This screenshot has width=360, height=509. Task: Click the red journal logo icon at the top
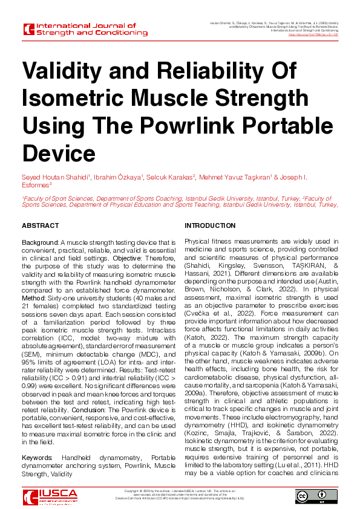click(28, 29)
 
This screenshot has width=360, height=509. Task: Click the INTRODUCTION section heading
click(210, 225)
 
